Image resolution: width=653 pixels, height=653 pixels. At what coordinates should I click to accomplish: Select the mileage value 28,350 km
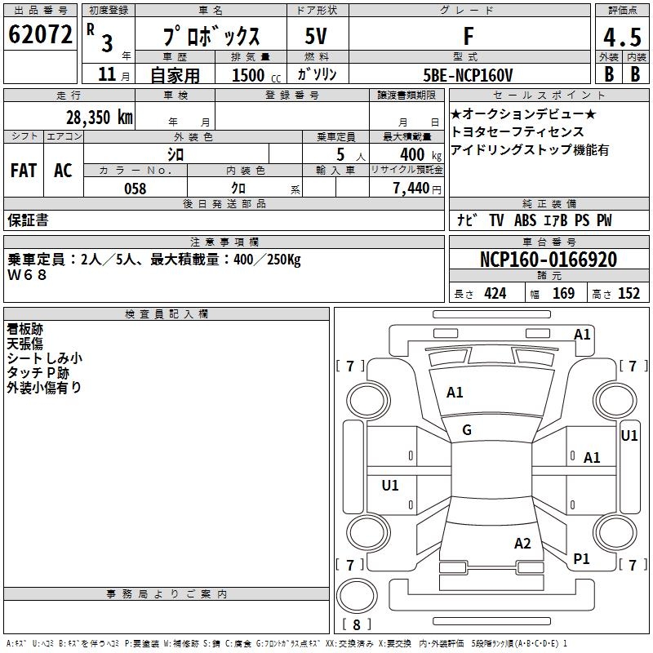(x=99, y=117)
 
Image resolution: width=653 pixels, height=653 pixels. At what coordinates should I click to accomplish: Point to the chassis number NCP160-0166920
(x=548, y=260)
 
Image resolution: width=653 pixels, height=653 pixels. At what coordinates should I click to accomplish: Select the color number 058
(x=135, y=189)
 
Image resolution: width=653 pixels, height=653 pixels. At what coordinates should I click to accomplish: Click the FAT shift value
(x=24, y=170)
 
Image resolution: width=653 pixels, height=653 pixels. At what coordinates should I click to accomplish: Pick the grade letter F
(x=468, y=36)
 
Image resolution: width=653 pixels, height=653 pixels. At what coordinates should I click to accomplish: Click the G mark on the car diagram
(x=467, y=430)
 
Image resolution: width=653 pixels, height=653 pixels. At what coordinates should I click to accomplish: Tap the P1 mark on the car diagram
(x=581, y=558)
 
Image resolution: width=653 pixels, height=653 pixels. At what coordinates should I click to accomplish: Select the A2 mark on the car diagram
(x=522, y=544)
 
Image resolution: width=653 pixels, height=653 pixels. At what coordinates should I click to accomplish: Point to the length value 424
(x=495, y=294)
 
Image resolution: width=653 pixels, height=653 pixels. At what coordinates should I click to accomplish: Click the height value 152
(x=628, y=294)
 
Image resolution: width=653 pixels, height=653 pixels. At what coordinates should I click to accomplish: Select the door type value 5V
(x=316, y=36)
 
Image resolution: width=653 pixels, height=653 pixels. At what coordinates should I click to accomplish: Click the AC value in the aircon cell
(x=63, y=170)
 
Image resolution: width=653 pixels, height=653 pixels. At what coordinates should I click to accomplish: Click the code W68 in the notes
(x=28, y=275)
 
